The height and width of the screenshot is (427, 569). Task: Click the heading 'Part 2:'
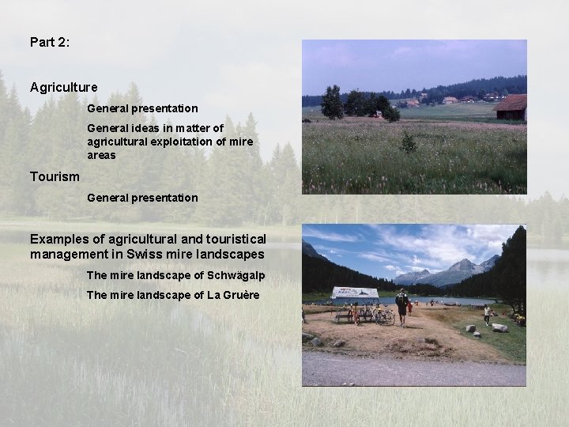click(50, 42)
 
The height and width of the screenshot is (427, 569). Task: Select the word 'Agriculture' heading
click(64, 87)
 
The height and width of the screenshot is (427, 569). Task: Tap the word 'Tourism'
click(55, 176)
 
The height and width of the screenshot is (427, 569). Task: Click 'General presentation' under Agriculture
click(142, 108)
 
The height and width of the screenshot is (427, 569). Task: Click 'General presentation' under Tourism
click(142, 197)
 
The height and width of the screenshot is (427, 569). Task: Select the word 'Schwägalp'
click(235, 275)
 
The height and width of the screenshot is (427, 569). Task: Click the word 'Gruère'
click(239, 295)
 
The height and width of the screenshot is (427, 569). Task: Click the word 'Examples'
click(59, 239)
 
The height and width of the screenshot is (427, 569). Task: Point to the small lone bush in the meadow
click(408, 142)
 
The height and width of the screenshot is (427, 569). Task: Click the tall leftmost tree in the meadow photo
click(332, 103)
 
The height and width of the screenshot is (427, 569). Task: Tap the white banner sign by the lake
click(355, 292)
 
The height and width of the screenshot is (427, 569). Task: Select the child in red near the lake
click(409, 308)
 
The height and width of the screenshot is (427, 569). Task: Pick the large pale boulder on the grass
click(499, 327)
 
